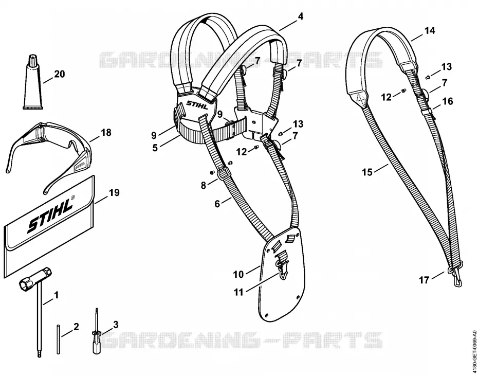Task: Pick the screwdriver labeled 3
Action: coord(97,332)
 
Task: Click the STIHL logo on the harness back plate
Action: coord(197,105)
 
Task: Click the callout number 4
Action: coord(301,16)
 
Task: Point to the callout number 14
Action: coord(429,30)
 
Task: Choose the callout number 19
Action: coord(114,192)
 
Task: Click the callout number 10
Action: coord(238,274)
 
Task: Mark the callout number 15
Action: coord(367,172)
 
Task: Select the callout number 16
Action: coord(447,101)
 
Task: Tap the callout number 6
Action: coord(217,204)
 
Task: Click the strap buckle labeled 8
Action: coord(222,174)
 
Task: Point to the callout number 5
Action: coord(155,148)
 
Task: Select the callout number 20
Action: coord(60,74)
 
